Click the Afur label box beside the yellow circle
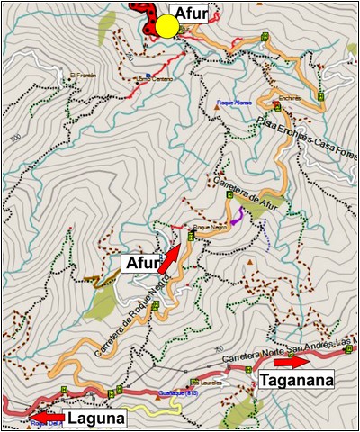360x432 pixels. point(195,13)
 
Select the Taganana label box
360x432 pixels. point(297,381)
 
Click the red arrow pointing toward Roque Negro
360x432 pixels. point(169,258)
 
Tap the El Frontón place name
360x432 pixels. point(81,75)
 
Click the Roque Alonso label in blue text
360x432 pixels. point(233,103)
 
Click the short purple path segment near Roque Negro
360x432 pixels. point(238,216)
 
